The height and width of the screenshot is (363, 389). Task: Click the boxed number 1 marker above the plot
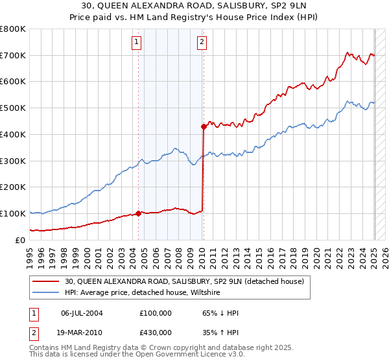pos(137,43)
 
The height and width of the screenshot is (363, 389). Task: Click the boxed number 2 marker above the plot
pos(202,43)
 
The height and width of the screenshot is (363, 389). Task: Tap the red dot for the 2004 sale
pos(138,213)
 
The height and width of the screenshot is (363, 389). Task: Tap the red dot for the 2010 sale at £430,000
pos(204,126)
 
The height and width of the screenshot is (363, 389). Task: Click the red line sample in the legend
pos(46,281)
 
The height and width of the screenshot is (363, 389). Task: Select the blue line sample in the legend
pos(46,293)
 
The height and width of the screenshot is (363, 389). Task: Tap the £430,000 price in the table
pos(156,332)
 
